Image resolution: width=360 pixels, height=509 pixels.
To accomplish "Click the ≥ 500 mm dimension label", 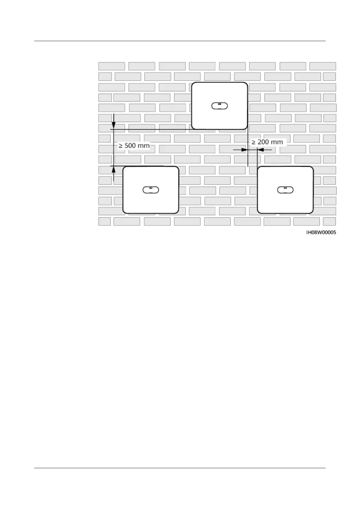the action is pyautogui.click(x=134, y=145).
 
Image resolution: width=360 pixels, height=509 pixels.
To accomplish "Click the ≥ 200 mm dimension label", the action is pyautogui.click(x=267, y=142).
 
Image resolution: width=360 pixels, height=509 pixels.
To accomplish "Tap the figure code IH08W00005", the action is pyautogui.click(x=321, y=232).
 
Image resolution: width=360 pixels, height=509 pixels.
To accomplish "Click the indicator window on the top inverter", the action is pyautogui.click(x=219, y=106).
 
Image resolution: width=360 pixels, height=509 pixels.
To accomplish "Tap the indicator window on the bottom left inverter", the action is pyautogui.click(x=151, y=190).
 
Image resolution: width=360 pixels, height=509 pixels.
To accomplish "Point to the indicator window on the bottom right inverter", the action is pyautogui.click(x=285, y=190).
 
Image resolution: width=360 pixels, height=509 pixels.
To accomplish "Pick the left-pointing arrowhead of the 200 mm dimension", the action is pyautogui.click(x=261, y=149).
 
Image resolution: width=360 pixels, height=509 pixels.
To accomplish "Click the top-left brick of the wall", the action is pyautogui.click(x=112, y=66).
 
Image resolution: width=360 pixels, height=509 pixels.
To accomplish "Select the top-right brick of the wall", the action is pyautogui.click(x=323, y=66).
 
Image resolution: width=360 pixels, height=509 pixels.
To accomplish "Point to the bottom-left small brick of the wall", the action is pyautogui.click(x=105, y=222).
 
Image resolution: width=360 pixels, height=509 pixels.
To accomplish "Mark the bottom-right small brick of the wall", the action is pyautogui.click(x=329, y=222).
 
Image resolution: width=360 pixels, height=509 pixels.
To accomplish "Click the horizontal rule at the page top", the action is pyautogui.click(x=180, y=41).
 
